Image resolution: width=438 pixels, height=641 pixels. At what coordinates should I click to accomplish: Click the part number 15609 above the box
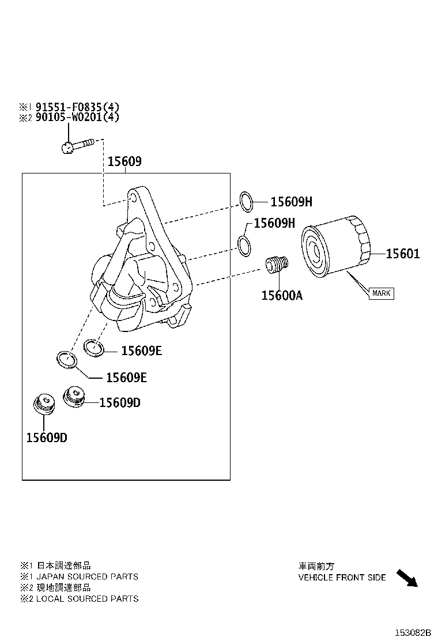(124, 162)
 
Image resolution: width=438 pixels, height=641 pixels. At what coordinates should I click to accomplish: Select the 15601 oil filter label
(402, 254)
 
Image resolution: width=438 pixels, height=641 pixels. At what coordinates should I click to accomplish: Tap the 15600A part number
(281, 295)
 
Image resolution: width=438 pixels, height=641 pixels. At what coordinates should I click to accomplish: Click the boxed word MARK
(381, 293)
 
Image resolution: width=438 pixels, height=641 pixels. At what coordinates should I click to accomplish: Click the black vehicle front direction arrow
(406, 578)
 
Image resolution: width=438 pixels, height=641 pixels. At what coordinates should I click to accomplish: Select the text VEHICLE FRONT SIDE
(342, 577)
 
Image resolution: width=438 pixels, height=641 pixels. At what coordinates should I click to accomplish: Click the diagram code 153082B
(413, 632)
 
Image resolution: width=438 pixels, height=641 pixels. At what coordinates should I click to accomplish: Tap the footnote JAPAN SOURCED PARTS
(86, 576)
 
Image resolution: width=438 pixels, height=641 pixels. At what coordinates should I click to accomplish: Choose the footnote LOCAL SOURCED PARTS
(86, 598)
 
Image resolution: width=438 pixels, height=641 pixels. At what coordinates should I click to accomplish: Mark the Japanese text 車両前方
(316, 566)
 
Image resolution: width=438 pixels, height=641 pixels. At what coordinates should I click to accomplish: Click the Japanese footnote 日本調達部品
(63, 565)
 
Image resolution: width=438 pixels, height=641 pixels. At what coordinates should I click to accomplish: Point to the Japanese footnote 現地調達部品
(63, 587)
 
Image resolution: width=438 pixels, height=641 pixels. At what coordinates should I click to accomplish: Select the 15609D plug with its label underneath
(43, 404)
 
